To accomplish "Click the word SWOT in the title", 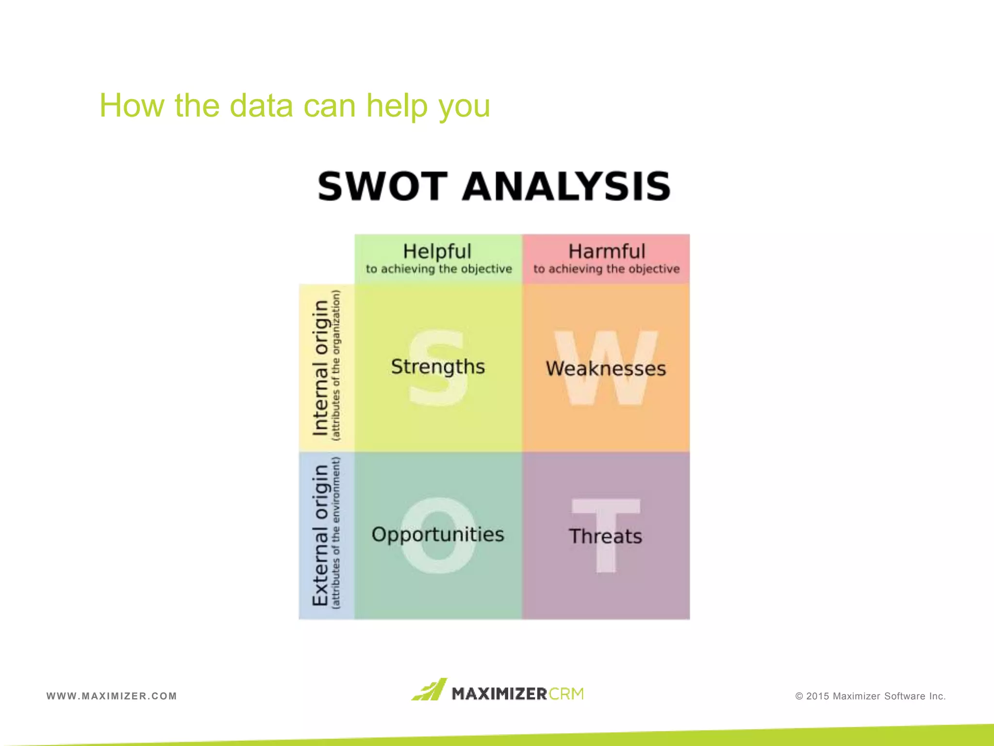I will [x=382, y=186].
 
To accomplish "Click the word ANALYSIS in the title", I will [x=566, y=186].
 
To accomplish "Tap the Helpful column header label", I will [x=437, y=252].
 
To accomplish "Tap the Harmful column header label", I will [x=607, y=252].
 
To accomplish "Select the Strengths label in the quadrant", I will [x=438, y=367].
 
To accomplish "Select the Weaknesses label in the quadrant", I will [x=606, y=369].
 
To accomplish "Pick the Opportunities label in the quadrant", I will [x=438, y=534].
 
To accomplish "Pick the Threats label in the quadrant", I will [x=605, y=536].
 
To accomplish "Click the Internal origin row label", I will [x=320, y=368].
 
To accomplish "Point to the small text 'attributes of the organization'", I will [x=336, y=365].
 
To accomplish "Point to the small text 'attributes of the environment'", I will [x=336, y=533].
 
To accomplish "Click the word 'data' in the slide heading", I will [x=261, y=105].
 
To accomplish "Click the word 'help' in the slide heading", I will [x=397, y=105].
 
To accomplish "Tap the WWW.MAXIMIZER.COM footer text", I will [x=112, y=696].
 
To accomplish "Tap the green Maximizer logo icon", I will [x=430, y=690].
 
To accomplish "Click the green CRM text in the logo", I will [x=566, y=694].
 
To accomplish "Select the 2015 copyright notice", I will [x=870, y=696].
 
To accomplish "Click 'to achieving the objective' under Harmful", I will [x=607, y=269].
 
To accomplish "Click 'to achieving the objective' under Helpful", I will [x=439, y=269].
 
